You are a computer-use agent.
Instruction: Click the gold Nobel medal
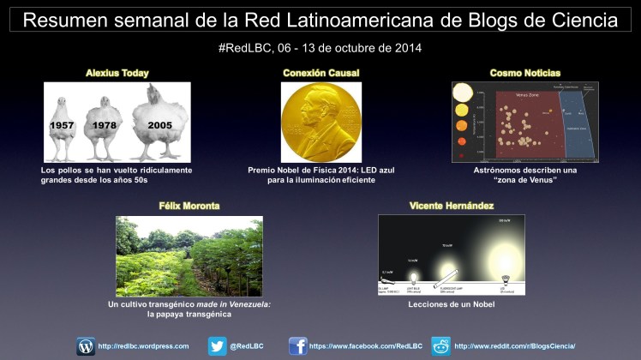(320, 123)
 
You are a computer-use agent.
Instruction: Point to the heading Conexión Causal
(320, 74)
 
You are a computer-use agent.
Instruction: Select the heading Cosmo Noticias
(524, 74)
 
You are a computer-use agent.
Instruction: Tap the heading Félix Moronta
(189, 207)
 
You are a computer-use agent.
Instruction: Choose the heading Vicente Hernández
(451, 207)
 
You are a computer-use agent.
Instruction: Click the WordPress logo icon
(86, 346)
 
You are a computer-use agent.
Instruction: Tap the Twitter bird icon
(218, 346)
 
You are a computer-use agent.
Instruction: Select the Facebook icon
(298, 346)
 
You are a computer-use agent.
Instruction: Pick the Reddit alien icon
(441, 346)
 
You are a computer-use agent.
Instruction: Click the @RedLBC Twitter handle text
(251, 346)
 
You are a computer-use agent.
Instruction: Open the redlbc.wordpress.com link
(143, 346)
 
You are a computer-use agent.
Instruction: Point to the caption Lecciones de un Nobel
(451, 304)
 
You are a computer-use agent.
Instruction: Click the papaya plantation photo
(189, 255)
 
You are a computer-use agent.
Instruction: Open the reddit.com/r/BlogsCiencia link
(514, 346)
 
